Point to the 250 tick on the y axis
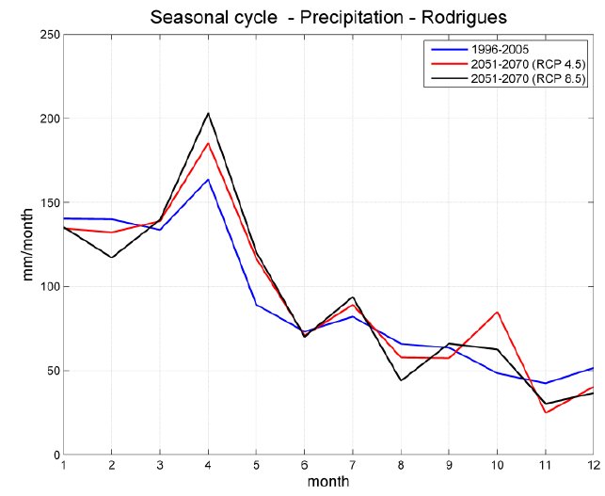tap(48, 35)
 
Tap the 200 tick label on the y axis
tap(48, 119)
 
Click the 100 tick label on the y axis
tap(48, 286)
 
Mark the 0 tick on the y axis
tap(55, 455)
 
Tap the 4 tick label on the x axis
tap(208, 467)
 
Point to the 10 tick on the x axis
tap(497, 467)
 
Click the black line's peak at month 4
tap(208, 113)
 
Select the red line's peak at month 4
tap(208, 143)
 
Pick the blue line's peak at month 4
tap(208, 179)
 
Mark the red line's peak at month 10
tap(497, 312)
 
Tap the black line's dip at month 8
tap(401, 380)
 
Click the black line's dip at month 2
tap(112, 257)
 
